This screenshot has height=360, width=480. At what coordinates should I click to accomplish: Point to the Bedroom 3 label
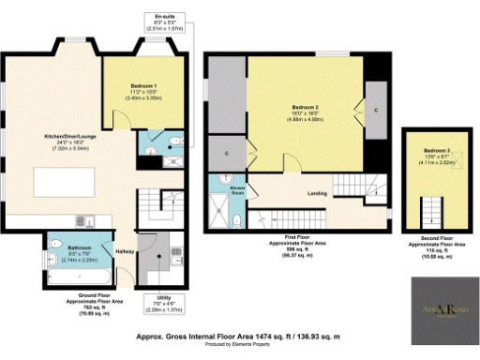pyautogui.click(x=436, y=156)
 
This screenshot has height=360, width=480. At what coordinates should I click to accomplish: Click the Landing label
pyautogui.click(x=317, y=194)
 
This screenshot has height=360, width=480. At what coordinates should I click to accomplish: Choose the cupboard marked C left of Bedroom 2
pyautogui.click(x=228, y=152)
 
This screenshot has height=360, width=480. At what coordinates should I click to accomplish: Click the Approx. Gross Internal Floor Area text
pyautogui.click(x=240, y=334)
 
